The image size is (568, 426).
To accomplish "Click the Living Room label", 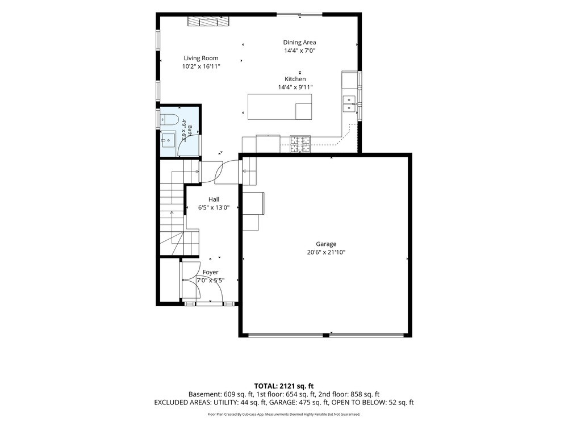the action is (x=201, y=58).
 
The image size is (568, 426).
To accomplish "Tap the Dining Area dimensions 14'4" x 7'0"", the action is (x=299, y=51).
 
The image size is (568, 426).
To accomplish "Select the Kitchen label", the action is (x=295, y=79).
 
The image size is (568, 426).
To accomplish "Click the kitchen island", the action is (x=279, y=107).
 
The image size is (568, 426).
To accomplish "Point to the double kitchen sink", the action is (x=349, y=103).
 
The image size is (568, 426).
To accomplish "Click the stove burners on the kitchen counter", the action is (x=300, y=144).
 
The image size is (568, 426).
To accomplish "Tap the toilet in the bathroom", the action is (x=169, y=119).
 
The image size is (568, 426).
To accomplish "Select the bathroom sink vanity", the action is (x=168, y=140).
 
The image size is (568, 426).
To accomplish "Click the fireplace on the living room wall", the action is (x=208, y=22).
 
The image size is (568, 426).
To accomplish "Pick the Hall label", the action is (x=214, y=199).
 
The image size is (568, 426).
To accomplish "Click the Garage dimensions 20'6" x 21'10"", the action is (x=326, y=253).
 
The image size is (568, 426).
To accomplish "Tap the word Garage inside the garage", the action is (x=326, y=244).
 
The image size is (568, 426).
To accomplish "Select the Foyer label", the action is (x=211, y=272).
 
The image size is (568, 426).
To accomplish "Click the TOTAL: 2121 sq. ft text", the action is (x=283, y=386).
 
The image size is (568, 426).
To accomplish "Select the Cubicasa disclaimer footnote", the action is (x=283, y=414).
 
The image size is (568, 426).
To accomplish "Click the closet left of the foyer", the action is (x=169, y=281).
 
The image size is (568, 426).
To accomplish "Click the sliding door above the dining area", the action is (x=299, y=15).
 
